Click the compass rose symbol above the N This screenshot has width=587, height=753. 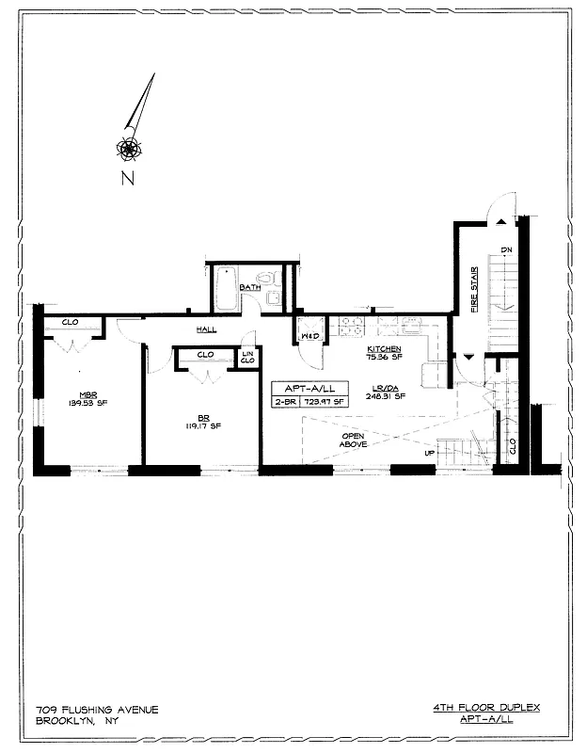click(129, 147)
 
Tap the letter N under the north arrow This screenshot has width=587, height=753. click(127, 179)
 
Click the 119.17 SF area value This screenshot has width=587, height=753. click(203, 425)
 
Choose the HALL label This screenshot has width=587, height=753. click(207, 330)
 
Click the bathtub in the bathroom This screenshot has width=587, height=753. click(227, 289)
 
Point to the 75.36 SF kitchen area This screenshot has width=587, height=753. click(384, 358)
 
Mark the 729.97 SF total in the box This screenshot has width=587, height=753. click(325, 402)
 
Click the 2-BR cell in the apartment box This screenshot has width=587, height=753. click(284, 402)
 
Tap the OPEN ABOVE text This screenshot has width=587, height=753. click(354, 440)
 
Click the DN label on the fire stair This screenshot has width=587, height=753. click(506, 249)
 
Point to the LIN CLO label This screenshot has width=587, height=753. click(247, 357)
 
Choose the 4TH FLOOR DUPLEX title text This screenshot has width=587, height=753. click(486, 707)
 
